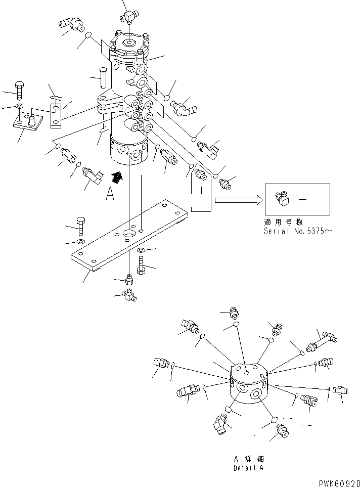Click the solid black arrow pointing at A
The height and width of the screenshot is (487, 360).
pyautogui.click(x=117, y=177)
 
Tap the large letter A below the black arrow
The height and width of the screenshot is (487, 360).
pyautogui.click(x=110, y=194)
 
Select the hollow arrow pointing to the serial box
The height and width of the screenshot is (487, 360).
pyautogui.click(x=238, y=200)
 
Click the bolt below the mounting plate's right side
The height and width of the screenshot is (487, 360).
pyautogui.click(x=141, y=265)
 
